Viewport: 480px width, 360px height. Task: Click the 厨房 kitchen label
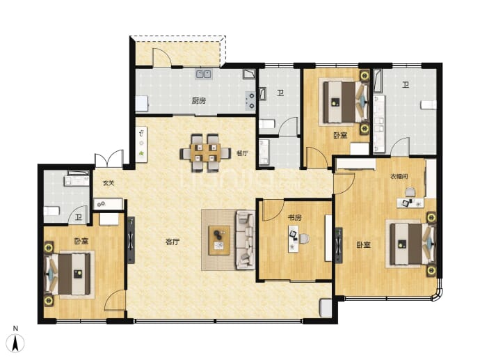click(199, 100)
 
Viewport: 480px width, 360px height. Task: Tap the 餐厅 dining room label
click(242, 153)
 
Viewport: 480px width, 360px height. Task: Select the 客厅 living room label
click(173, 242)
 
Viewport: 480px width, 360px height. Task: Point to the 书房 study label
click(294, 217)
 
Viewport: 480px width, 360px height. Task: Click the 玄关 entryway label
click(108, 183)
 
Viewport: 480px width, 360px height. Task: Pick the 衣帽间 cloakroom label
click(399, 176)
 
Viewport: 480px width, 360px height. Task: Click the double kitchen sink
click(203, 74)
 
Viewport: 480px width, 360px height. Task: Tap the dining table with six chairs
click(205, 153)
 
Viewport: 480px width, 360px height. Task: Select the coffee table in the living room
click(219, 240)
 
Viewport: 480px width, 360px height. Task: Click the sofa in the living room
click(245, 240)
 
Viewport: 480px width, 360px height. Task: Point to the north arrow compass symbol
click(15, 343)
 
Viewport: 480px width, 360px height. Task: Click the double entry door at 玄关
click(109, 159)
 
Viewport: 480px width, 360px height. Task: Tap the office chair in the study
click(304, 239)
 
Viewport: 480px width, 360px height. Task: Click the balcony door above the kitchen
click(162, 57)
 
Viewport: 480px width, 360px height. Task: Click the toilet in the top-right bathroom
click(429, 104)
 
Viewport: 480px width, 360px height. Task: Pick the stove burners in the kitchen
click(250, 101)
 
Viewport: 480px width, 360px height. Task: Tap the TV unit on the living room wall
click(131, 240)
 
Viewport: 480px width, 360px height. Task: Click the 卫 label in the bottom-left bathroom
click(79, 217)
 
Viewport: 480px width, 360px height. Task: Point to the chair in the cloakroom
click(410, 192)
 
